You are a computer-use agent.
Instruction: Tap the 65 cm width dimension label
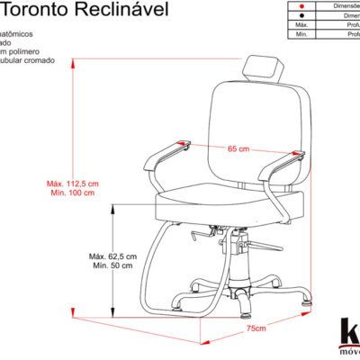point(238,148)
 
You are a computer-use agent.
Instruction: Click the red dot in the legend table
point(299,4)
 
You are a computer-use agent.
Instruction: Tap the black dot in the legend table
point(299,15)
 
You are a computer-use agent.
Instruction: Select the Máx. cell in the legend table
point(299,25)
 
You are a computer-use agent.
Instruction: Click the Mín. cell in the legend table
point(299,35)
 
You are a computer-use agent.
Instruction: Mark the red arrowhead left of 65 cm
point(185,141)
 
